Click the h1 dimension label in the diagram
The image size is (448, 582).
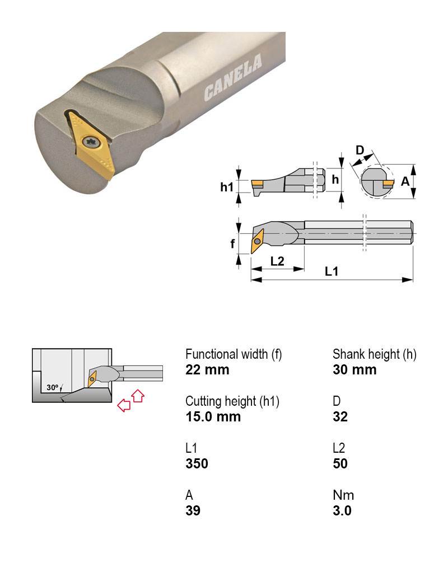click(x=226, y=187)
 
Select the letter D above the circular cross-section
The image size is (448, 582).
click(x=360, y=150)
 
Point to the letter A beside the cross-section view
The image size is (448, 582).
click(x=405, y=182)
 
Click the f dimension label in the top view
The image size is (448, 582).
click(x=232, y=244)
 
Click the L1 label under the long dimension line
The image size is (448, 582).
click(x=332, y=271)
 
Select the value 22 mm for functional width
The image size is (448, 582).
click(x=207, y=370)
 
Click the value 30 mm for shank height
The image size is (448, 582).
click(x=354, y=370)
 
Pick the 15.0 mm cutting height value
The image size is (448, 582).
click(x=213, y=417)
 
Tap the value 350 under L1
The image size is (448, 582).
click(x=197, y=464)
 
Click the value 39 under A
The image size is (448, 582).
click(x=193, y=511)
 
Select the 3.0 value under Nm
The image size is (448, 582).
click(x=342, y=511)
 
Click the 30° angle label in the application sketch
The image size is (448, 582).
click(x=53, y=387)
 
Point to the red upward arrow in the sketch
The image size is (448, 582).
click(x=138, y=396)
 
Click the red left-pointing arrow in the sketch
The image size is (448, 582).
click(x=123, y=405)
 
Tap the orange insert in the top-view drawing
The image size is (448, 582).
click(x=257, y=241)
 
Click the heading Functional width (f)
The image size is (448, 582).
click(x=234, y=354)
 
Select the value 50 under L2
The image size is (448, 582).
click(x=340, y=464)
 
